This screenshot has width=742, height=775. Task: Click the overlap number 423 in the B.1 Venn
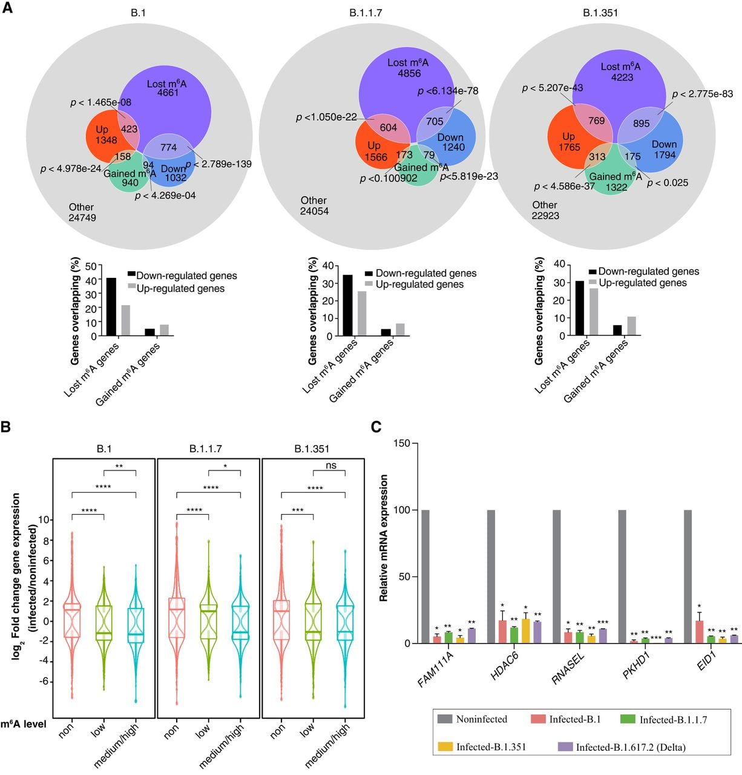pos(129,129)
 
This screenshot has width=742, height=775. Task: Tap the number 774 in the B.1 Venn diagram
pos(168,147)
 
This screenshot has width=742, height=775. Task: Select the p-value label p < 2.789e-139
pos(218,164)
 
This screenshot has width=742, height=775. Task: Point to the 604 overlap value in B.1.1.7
pos(388,127)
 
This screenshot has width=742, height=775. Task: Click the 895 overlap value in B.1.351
pos(642,124)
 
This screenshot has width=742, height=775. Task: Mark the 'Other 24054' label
pos(314,205)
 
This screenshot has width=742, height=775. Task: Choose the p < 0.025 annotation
pos(667,183)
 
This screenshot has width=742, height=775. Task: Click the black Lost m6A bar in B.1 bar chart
pos(111,306)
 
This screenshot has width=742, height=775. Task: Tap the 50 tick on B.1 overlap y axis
pos(91,266)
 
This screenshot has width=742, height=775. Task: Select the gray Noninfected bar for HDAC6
pos(491,576)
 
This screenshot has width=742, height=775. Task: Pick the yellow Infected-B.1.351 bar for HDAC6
pos(525,631)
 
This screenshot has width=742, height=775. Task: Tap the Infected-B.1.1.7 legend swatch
pos(628,719)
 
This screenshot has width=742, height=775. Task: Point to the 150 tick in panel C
pos(402,443)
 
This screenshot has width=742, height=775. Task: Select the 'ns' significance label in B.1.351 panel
pos(331,465)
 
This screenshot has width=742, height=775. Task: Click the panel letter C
pos(376,426)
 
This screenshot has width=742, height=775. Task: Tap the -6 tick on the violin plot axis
pos(44,681)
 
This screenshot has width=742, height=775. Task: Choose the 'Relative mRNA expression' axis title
pos(383,538)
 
